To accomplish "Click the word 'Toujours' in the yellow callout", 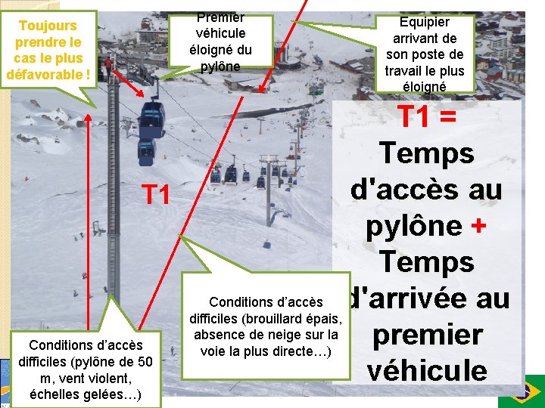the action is (x=48, y=26).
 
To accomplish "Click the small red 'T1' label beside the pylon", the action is (x=155, y=195).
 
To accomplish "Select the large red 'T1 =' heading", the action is (x=426, y=116).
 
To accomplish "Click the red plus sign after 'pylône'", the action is (x=478, y=226).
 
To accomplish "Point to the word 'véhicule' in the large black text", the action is (x=427, y=370).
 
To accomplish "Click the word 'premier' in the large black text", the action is (x=428, y=335).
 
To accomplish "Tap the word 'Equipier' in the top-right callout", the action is (x=425, y=22).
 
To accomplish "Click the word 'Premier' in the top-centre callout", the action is (x=220, y=17).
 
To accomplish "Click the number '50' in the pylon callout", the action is (x=145, y=362).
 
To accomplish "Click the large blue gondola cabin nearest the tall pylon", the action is (x=152, y=119).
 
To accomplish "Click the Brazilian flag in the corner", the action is (x=522, y=391).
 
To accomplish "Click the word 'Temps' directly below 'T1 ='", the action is (x=427, y=153).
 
